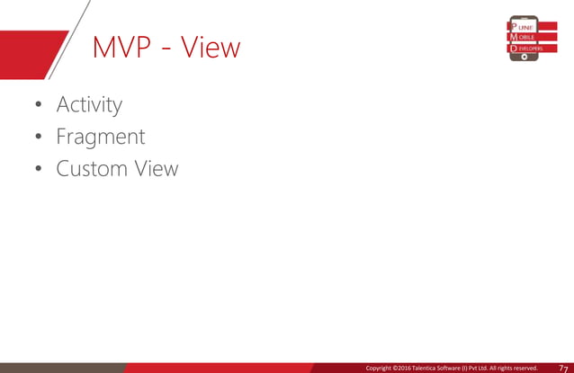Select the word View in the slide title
pos(211,49)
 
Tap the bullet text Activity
pos(89,105)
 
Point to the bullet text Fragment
pos(100,138)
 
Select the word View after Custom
pos(156,169)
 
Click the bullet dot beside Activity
pos(38,106)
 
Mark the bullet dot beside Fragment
pos(38,138)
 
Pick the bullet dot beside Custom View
pos(38,170)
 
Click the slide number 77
pos(563,367)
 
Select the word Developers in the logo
pos(530,48)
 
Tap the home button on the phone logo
pos(523,57)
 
